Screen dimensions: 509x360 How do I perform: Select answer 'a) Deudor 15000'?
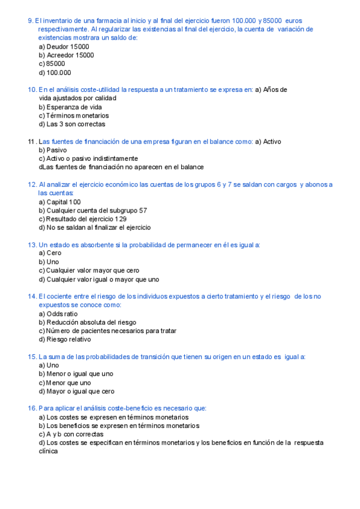(x=64, y=46)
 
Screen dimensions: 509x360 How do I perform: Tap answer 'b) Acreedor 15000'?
(x=66, y=55)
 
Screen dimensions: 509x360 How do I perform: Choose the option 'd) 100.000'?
(x=55, y=73)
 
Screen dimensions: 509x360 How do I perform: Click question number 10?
(x=32, y=89)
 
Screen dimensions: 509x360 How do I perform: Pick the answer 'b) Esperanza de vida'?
(x=70, y=107)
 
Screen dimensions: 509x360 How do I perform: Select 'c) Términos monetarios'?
(x=74, y=115)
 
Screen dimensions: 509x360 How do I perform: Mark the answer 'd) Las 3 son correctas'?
(x=71, y=124)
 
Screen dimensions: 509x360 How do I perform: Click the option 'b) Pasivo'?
(x=53, y=150)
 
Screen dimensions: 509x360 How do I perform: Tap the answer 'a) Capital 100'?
(x=59, y=202)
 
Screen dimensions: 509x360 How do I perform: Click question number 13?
(x=32, y=245)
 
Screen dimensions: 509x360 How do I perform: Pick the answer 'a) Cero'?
(x=50, y=253)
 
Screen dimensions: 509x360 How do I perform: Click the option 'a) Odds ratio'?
(x=58, y=314)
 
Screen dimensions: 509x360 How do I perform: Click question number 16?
(x=32, y=408)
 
